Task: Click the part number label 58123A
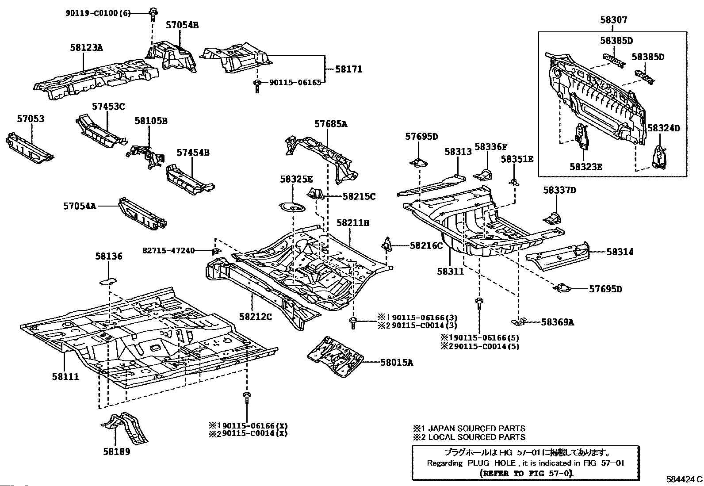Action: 86,47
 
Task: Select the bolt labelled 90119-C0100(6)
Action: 153,14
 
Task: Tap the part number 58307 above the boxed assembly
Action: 613,20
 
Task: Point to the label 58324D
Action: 663,128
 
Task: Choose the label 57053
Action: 31,119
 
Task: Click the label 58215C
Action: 359,196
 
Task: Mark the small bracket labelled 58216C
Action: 387,244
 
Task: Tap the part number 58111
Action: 65,376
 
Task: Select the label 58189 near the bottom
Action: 117,452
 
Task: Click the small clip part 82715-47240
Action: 215,252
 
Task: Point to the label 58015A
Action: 397,363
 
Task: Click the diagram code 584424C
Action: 684,479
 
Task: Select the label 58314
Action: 620,252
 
